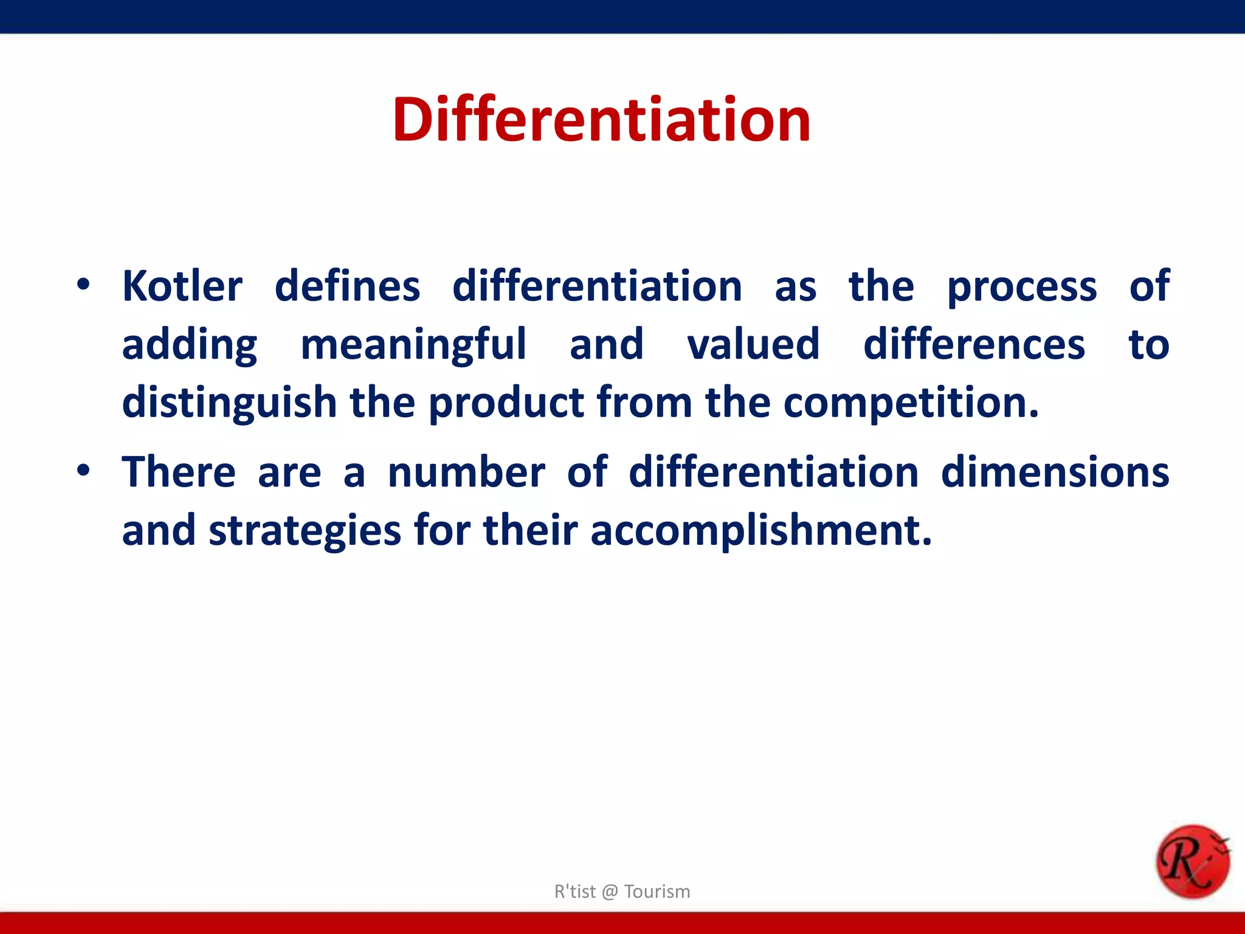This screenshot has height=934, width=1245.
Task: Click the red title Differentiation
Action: (x=601, y=120)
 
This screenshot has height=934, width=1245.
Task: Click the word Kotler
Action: (x=182, y=286)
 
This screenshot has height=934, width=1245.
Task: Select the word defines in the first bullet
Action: (x=347, y=286)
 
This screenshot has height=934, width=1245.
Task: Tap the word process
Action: (x=1022, y=287)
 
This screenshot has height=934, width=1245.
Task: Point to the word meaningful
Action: (x=413, y=345)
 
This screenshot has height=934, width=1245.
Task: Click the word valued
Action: (x=753, y=344)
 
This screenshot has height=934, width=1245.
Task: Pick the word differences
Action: (x=974, y=344)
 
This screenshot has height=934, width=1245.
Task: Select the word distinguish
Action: (x=229, y=403)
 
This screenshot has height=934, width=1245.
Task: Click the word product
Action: (x=506, y=403)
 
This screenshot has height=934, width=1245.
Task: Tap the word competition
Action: (x=911, y=403)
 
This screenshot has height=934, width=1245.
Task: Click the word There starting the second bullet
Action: (x=179, y=472)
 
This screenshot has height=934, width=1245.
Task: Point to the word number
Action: (x=466, y=472)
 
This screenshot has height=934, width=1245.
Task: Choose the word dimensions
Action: (x=1055, y=472)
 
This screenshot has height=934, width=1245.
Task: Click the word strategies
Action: (x=305, y=531)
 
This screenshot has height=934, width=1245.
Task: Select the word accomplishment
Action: (x=760, y=531)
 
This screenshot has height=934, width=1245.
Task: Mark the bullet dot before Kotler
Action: (x=83, y=284)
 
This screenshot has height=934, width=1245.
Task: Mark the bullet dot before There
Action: (x=83, y=470)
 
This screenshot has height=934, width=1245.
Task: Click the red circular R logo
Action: (x=1192, y=861)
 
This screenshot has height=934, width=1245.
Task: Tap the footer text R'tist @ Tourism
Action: (x=622, y=891)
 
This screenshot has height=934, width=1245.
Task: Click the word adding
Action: (x=189, y=345)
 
